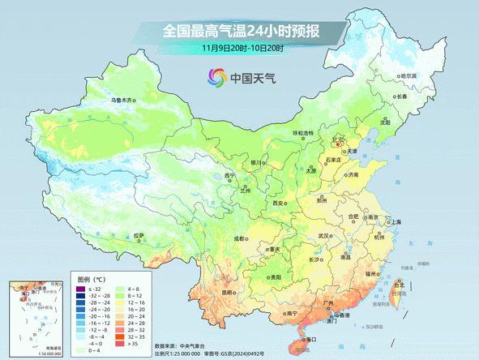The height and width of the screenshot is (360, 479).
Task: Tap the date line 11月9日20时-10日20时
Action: pos(240,49)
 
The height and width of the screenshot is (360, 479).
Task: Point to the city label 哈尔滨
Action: pos(408,75)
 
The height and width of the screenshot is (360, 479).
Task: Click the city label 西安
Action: pos(280,203)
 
